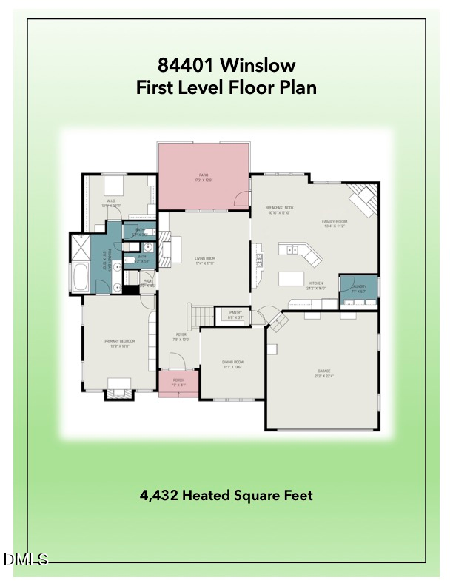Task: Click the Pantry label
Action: [236, 314]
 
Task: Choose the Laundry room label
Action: [359, 288]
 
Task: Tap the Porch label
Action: [178, 383]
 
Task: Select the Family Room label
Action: [335, 223]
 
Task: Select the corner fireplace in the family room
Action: [363, 198]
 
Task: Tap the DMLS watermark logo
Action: [24, 560]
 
